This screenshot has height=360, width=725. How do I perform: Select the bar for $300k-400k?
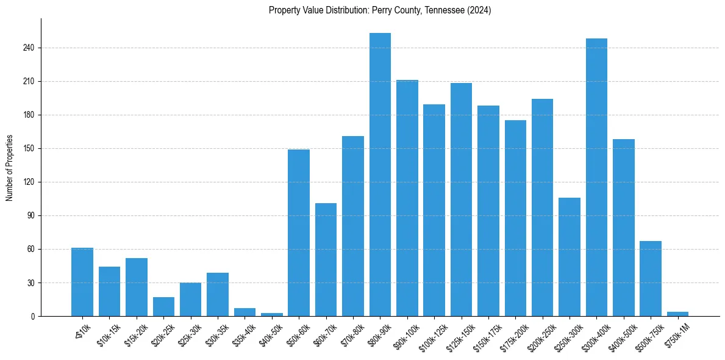click(596, 177)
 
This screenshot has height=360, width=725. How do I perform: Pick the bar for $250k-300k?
click(570, 257)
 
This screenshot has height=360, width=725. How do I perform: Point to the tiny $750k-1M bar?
click(677, 314)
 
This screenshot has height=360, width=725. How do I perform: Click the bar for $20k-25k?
click(163, 307)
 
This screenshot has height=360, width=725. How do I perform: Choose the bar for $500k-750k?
click(651, 278)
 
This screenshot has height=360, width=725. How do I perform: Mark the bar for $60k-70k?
click(326, 259)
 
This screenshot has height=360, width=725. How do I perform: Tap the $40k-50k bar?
click(272, 315)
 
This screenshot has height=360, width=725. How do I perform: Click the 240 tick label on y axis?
click(29, 48)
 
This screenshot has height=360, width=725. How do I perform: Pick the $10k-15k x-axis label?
click(106, 334)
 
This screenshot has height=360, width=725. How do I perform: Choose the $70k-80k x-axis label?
click(351, 334)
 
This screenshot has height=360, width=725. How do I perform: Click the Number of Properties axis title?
click(9, 168)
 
